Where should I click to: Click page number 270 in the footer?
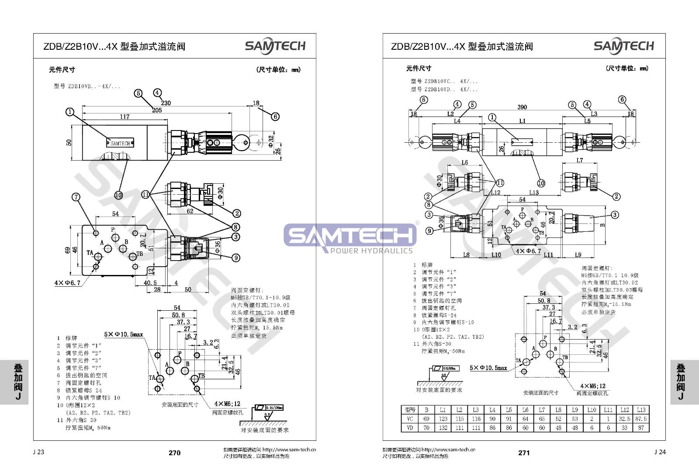[x=174, y=453]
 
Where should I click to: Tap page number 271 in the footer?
[x=524, y=453]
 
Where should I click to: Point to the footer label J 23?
[x=38, y=452]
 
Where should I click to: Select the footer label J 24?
[x=660, y=452]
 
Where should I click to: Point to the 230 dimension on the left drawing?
[x=166, y=103]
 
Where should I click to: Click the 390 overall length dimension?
[x=522, y=107]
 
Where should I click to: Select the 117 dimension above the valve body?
[x=125, y=117]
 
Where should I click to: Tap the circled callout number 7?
[x=76, y=197]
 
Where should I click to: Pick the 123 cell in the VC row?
[x=443, y=419]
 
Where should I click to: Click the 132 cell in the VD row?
[x=443, y=428]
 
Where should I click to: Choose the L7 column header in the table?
[x=542, y=410]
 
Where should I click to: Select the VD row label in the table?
[x=410, y=428]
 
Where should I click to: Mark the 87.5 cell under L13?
[x=641, y=419]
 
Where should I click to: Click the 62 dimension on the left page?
[x=190, y=211]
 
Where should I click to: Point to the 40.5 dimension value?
[x=150, y=283]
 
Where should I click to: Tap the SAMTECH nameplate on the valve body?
[x=120, y=143]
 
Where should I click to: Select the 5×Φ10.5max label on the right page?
[x=488, y=368]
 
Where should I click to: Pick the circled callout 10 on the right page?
[x=541, y=183]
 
